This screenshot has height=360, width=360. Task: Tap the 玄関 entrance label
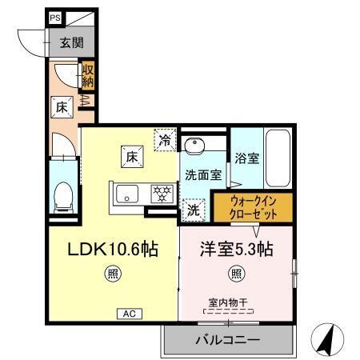coord(66,43)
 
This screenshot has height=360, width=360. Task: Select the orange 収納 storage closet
coord(88,77)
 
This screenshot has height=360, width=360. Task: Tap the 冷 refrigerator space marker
coord(165,138)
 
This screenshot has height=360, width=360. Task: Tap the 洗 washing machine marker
coord(193,211)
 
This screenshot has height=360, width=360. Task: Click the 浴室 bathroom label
coord(246,158)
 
